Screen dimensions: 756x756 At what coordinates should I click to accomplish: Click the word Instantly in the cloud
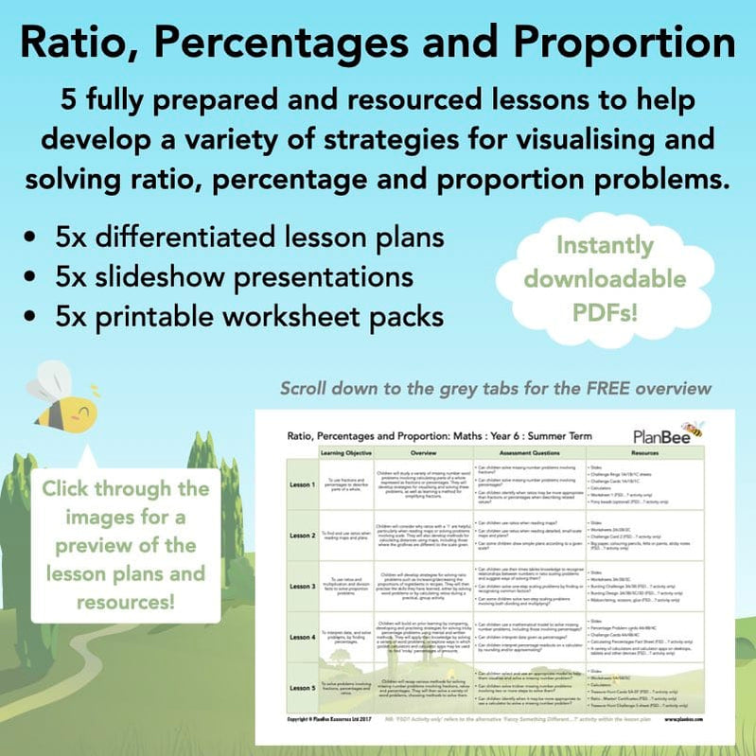[x=605, y=245]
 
